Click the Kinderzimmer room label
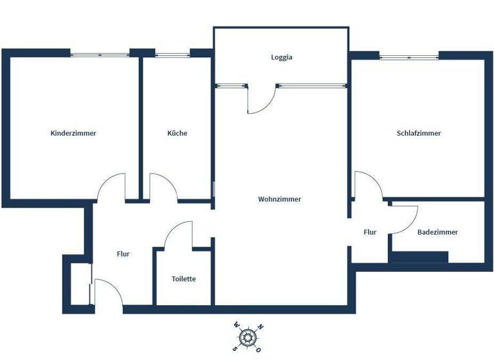click(x=73, y=134)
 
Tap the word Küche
click(x=178, y=134)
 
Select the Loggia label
click(x=282, y=57)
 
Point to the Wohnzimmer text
click(x=280, y=199)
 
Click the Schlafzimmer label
click(x=419, y=134)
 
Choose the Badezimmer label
click(x=437, y=232)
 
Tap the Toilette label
click(x=183, y=279)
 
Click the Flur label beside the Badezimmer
click(x=370, y=232)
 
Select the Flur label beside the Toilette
click(x=123, y=254)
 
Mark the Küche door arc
click(x=162, y=186)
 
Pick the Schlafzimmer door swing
click(x=367, y=185)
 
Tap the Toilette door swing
click(x=179, y=235)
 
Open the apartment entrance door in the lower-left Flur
click(x=105, y=293)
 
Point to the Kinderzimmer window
click(x=100, y=55)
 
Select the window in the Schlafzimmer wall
click(x=408, y=57)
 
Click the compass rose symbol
click(x=247, y=336)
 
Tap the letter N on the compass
click(x=260, y=327)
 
